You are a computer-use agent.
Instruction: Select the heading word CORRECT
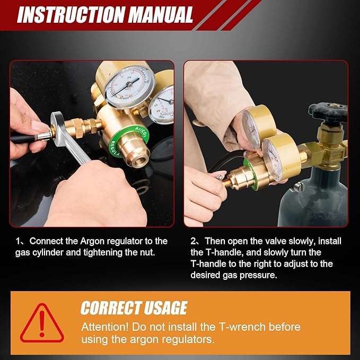[x=110, y=308]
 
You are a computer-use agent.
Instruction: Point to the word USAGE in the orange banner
[x=164, y=308]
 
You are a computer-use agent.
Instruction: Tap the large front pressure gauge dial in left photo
[x=129, y=86]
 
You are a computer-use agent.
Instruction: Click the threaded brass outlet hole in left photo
[x=139, y=157]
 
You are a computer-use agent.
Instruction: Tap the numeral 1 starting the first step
[x=17, y=241]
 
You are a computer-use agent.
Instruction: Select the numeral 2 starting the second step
[x=194, y=241]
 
